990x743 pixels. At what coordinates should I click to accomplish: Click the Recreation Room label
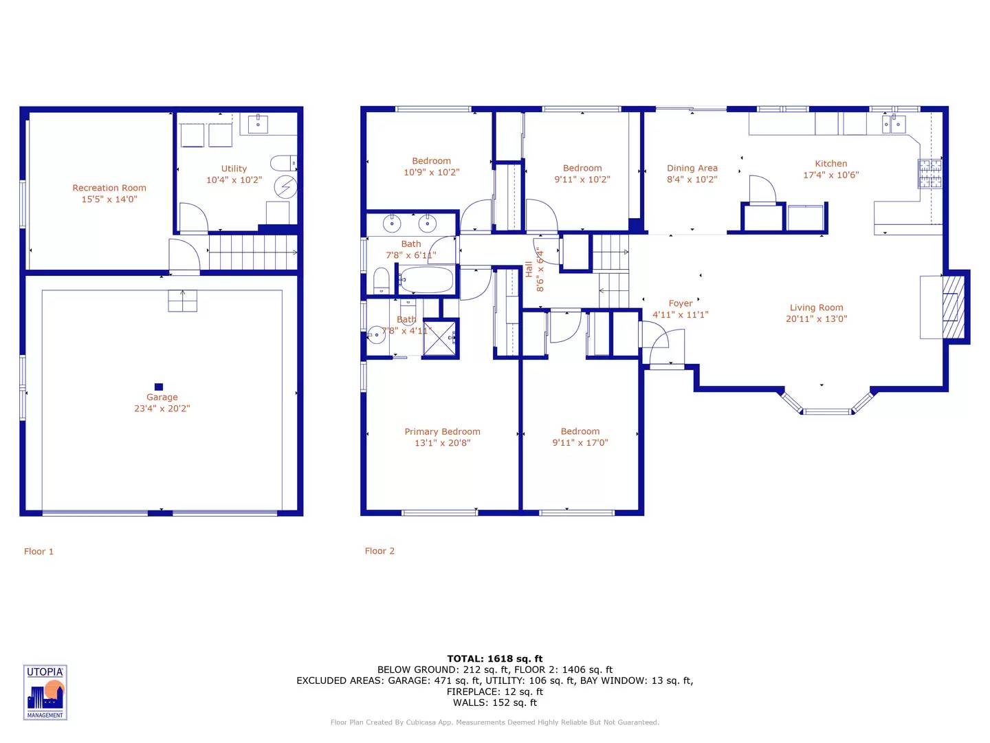[109, 188]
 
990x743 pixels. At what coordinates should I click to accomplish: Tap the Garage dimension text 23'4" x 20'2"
[162, 408]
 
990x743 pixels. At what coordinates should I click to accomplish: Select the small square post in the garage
[158, 387]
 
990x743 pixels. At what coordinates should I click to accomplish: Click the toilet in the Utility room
[283, 163]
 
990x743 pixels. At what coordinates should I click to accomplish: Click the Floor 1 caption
[38, 551]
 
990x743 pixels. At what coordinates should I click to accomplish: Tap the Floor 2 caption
[379, 551]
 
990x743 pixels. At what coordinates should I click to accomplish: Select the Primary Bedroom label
[442, 431]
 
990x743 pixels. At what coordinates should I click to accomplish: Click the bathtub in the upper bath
[426, 280]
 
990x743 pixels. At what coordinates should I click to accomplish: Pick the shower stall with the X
[440, 338]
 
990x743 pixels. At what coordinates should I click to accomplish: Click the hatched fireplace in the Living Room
[953, 308]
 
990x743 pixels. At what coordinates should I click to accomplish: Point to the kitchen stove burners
[930, 173]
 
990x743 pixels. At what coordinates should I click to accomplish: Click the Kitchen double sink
[894, 124]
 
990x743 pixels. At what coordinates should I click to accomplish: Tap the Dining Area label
[692, 168]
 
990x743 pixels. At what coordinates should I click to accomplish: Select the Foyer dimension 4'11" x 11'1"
[680, 314]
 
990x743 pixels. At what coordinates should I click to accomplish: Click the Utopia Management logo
[45, 692]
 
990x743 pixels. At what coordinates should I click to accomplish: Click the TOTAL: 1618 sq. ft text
[495, 658]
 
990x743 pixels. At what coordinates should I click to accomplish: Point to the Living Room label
[816, 308]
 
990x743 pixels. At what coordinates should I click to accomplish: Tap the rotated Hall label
[529, 269]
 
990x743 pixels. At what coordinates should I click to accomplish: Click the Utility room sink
[258, 124]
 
